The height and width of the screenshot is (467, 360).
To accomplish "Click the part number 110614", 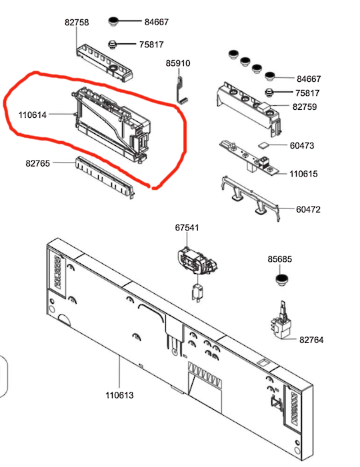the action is coord(33,115).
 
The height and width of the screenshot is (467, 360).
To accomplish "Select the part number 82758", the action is coord(77,23).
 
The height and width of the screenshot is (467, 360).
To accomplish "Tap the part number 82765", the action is coord(37,163).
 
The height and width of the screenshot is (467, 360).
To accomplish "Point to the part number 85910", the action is coord(178,63).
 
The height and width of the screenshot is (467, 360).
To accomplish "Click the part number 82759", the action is coord(305,107).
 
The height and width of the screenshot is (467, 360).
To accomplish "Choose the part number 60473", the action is coord(302,145).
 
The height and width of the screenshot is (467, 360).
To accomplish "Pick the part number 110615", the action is coord(303,174).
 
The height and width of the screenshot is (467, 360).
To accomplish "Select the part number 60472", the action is coord(308,209).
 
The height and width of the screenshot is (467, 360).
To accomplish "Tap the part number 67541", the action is coord(187,228).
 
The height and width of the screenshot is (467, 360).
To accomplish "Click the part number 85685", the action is coord(279,259).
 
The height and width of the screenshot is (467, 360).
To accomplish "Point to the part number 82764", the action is coord(311,340).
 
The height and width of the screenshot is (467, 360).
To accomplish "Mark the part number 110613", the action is coord(119,395).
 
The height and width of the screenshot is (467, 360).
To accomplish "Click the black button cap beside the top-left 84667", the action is coord(113,21).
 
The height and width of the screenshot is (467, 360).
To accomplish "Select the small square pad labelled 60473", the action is coord(263,145).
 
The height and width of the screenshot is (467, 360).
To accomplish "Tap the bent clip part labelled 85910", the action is coord(181,90).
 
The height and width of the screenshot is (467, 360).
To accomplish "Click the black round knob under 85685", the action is coord(281,280).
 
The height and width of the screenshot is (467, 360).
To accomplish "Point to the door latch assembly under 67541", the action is coord(197,263).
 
